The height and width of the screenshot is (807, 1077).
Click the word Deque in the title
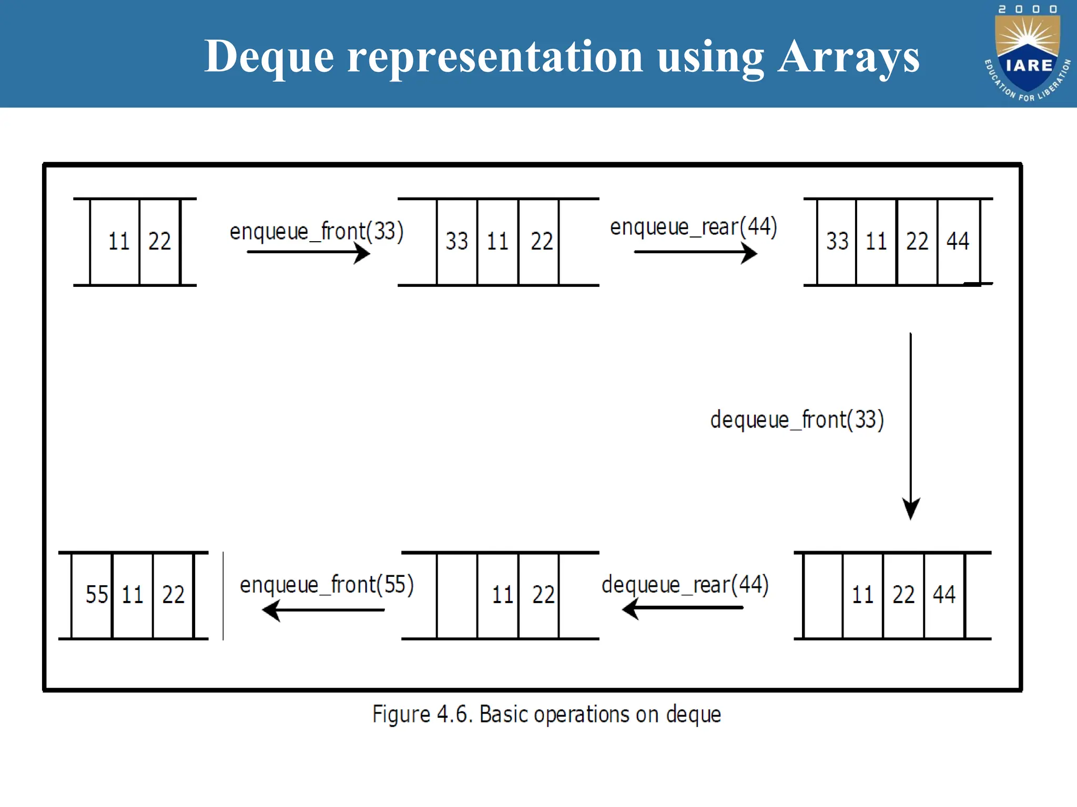269,57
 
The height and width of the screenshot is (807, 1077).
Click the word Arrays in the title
849,57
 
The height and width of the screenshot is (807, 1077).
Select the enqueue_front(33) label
317,232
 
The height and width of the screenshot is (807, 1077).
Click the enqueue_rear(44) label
694,227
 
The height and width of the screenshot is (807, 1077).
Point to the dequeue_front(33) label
797,420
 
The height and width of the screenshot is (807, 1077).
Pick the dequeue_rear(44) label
685,585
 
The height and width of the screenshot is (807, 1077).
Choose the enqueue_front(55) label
327,585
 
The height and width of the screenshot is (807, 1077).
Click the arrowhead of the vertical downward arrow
911,509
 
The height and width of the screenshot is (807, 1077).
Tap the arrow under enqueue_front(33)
308,253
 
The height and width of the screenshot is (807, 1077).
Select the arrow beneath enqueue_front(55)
323,611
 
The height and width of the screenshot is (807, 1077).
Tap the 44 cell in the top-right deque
958,242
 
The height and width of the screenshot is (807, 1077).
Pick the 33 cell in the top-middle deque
456,242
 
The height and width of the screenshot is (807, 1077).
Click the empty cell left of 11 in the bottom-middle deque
457,595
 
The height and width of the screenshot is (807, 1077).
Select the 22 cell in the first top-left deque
159,242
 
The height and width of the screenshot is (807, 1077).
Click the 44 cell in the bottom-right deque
944,595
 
